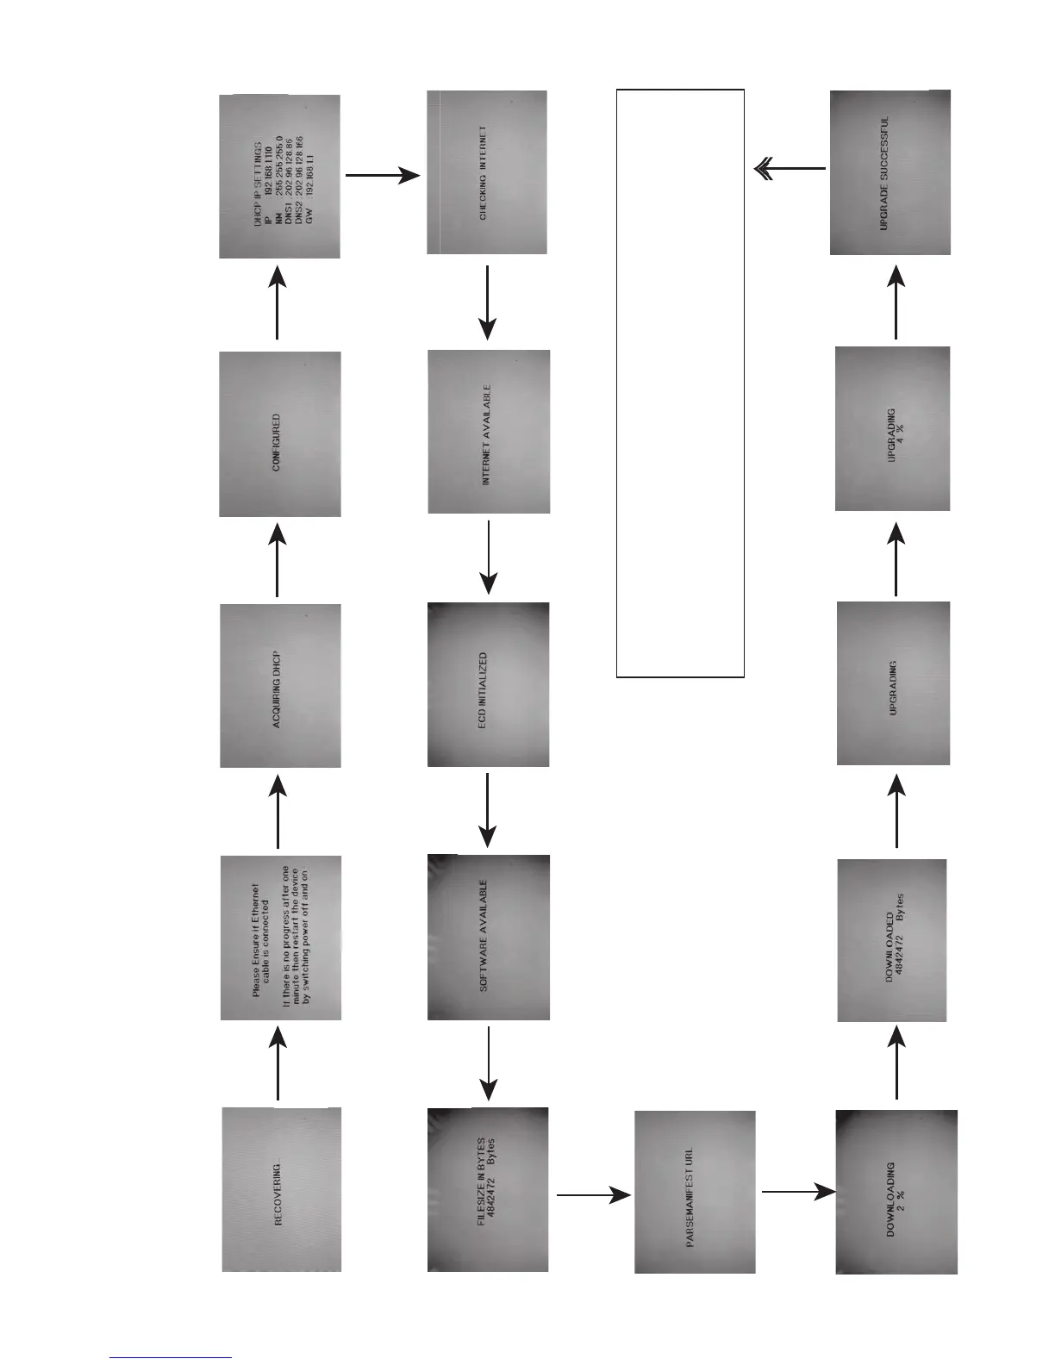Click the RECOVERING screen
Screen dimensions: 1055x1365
(x=281, y=1189)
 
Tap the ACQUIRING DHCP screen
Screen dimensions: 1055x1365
(x=280, y=685)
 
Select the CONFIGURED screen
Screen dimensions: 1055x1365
(x=280, y=433)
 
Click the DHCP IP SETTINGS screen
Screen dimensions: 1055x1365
(x=280, y=177)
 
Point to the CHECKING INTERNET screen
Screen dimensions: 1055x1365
(x=487, y=172)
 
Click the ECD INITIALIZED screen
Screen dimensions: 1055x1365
(x=488, y=684)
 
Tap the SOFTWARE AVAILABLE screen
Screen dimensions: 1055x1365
(x=488, y=938)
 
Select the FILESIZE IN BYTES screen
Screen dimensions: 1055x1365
(x=488, y=1189)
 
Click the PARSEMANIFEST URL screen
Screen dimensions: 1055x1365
(x=695, y=1192)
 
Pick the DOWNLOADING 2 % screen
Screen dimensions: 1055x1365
(x=896, y=1192)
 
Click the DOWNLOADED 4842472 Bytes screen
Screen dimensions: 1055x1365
(x=892, y=940)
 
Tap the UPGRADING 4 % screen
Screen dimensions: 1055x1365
(x=893, y=428)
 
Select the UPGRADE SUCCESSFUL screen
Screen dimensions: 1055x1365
(x=890, y=172)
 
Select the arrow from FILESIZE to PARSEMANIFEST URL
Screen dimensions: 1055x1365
(x=593, y=1195)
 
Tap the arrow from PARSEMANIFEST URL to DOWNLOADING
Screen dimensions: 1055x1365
(x=797, y=1193)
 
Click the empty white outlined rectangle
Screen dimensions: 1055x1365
(x=680, y=383)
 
